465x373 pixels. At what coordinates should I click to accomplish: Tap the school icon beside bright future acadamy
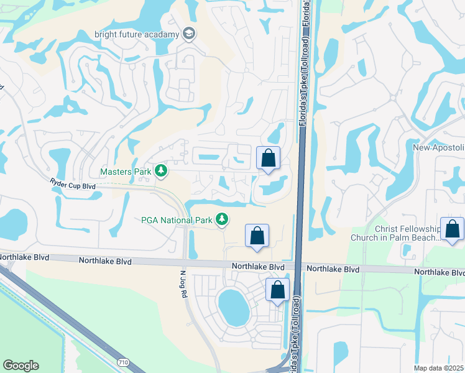tap(188, 34)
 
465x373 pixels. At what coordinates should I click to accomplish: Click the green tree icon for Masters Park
tap(161, 170)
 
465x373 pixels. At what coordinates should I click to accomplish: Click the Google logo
tap(21, 366)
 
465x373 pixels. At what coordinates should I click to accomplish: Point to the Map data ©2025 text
tap(439, 368)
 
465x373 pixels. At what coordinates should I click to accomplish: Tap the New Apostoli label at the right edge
tap(439, 147)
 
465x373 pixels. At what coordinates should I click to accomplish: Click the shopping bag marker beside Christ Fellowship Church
tap(452, 228)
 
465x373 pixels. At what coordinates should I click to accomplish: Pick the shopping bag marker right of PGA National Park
tap(257, 236)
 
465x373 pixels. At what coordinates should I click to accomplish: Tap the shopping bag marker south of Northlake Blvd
tap(278, 290)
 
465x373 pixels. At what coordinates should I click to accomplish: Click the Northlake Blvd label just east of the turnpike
tap(333, 269)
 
